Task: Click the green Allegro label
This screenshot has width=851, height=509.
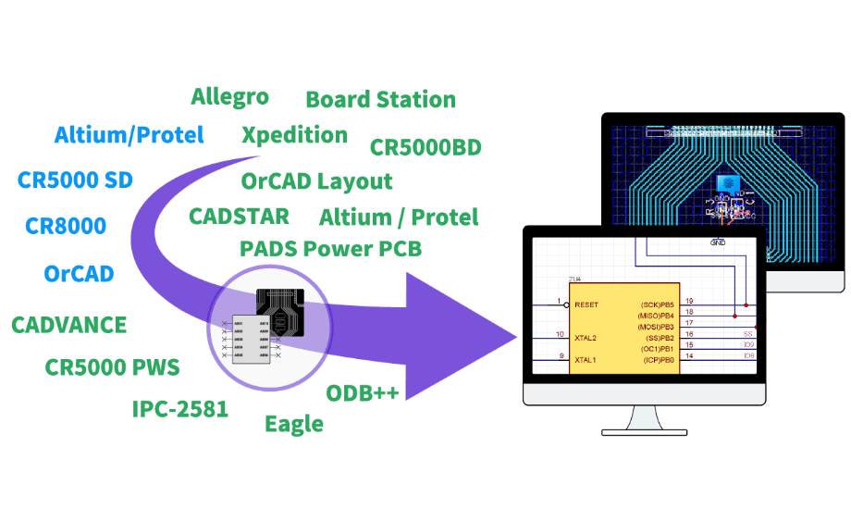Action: [229, 96]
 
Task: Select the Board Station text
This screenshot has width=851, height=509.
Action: [380, 100]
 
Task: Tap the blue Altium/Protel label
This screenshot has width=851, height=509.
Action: [129, 135]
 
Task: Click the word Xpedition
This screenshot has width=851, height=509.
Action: [294, 135]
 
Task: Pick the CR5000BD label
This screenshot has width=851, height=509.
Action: [425, 148]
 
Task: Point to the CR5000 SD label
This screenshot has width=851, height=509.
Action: [75, 180]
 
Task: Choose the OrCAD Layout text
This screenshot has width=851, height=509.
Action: [317, 181]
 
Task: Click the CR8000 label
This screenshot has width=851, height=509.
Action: [66, 225]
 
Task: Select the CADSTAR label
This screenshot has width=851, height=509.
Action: [239, 217]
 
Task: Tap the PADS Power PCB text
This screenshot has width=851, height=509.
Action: [330, 249]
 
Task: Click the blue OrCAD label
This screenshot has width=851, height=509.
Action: [79, 274]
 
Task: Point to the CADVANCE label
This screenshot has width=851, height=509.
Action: [69, 326]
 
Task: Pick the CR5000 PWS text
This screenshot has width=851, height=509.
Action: [113, 367]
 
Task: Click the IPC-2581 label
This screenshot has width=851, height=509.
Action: [179, 409]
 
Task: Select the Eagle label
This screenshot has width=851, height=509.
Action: [294, 425]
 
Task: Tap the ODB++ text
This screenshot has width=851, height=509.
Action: [364, 393]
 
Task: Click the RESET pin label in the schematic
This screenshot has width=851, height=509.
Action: [586, 304]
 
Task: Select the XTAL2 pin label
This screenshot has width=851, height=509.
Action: [586, 338]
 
